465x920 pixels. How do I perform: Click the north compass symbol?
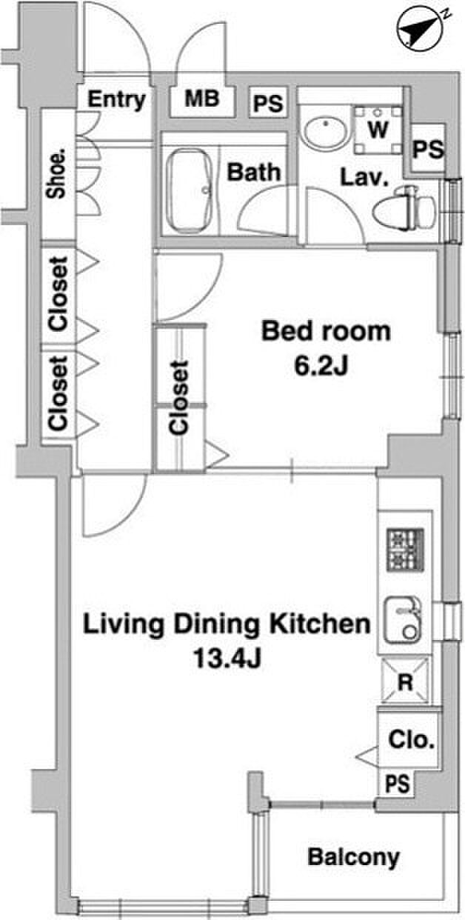420,30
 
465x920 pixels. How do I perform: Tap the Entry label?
117,100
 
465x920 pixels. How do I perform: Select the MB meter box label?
202,99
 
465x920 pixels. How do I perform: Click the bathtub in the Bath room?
190,190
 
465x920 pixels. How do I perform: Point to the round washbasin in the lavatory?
327,133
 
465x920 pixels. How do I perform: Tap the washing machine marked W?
378,130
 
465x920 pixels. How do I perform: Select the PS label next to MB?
268,103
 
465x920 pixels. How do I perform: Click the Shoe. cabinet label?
56,174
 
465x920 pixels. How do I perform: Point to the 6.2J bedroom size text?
321,366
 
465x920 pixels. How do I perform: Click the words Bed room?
326,331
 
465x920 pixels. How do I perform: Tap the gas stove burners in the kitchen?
405,550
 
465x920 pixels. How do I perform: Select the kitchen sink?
403,620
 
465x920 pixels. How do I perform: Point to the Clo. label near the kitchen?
411,740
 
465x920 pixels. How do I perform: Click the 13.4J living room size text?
227,658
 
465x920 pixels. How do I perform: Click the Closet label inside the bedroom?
179,398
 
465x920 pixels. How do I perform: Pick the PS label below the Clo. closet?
398,783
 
